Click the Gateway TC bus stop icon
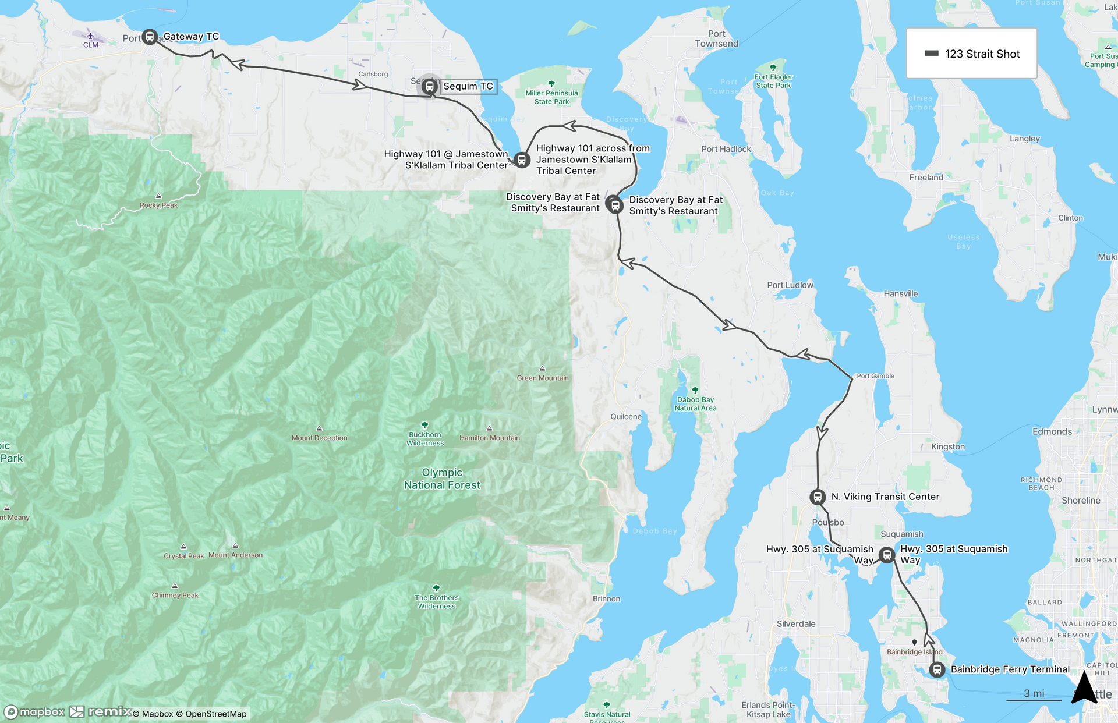pos(150,37)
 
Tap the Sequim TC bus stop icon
pos(430,87)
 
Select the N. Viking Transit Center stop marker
pos(818,497)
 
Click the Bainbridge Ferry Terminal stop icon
pos(937,670)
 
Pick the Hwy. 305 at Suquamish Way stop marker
pos(887,555)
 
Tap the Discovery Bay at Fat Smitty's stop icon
pos(615,205)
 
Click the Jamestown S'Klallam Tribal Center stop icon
pos(522,160)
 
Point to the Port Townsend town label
pos(716,39)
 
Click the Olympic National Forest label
pos(442,479)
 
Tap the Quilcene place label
pos(626,417)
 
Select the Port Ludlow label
pos(790,285)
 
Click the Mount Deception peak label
pos(319,438)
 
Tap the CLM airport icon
pos(90,37)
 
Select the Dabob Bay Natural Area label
pos(695,403)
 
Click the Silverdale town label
pos(796,624)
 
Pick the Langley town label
pos(1024,139)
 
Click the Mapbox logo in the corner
pos(35,712)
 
